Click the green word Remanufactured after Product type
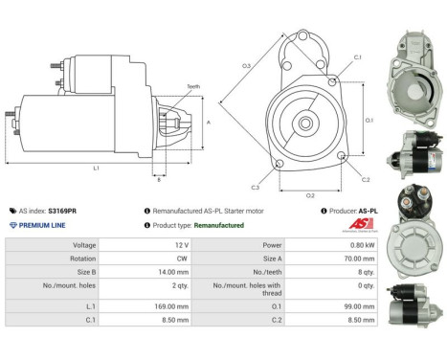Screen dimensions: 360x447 [x=219, y=225]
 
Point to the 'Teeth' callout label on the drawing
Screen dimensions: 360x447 [x=194, y=87]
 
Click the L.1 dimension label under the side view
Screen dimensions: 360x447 [x=97, y=169]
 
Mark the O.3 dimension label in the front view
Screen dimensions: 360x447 [x=246, y=65]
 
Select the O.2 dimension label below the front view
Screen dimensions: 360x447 [x=310, y=194]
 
